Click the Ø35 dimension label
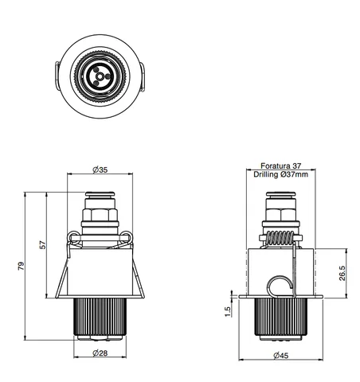click(x=100, y=170)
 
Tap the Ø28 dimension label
click(x=100, y=353)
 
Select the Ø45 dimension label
click(x=281, y=355)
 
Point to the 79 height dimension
click(x=21, y=266)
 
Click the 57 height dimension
click(x=43, y=244)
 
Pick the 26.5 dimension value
click(x=342, y=273)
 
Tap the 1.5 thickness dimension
click(x=228, y=312)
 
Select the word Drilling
click(x=265, y=174)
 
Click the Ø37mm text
click(x=294, y=174)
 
